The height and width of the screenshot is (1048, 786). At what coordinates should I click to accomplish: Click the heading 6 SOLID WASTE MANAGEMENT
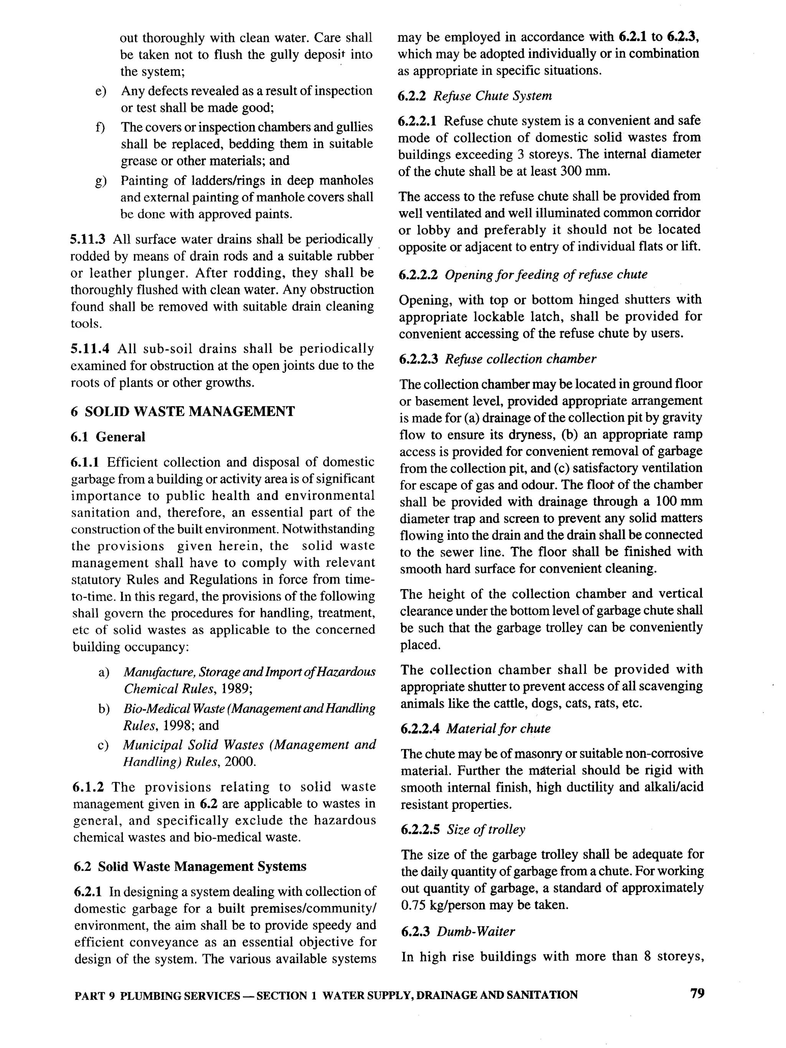(183, 411)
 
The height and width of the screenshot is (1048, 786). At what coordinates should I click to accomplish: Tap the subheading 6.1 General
(108, 437)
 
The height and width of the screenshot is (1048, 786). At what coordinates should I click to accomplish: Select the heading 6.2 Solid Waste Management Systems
(190, 866)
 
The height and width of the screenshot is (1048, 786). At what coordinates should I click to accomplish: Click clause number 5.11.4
(89, 349)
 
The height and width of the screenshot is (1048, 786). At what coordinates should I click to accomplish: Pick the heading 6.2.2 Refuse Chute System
(474, 96)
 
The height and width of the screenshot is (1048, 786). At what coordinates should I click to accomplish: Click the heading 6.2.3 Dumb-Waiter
(457, 932)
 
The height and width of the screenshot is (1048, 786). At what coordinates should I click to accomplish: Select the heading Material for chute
(498, 728)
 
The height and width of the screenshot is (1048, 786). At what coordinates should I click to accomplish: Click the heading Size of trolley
(486, 829)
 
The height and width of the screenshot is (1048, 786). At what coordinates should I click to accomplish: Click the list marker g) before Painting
(101, 181)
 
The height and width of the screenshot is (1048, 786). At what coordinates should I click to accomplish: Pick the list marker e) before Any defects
(101, 91)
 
